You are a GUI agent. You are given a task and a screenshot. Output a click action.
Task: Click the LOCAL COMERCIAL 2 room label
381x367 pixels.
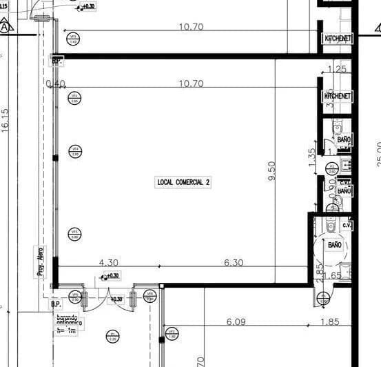click(183, 182)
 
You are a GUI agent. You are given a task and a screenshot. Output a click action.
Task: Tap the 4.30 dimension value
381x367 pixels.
click(110, 262)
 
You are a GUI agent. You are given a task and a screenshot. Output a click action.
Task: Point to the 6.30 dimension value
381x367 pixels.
click(234, 262)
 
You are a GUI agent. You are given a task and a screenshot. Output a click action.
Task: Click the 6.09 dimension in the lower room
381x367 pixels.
click(236, 321)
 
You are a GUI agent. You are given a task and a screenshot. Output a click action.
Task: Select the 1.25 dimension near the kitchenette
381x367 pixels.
click(338, 69)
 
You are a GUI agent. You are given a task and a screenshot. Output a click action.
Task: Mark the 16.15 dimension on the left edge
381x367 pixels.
click(6, 121)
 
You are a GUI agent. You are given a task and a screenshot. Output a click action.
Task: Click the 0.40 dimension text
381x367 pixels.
click(55, 83)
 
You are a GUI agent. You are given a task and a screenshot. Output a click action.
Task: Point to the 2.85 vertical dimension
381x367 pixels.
click(319, 270)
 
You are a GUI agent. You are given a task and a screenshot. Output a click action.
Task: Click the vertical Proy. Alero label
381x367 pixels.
click(40, 261)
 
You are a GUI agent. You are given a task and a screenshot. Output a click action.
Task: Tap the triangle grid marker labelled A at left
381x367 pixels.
click(6, 28)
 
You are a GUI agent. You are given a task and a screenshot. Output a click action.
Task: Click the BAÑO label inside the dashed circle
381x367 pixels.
click(335, 245)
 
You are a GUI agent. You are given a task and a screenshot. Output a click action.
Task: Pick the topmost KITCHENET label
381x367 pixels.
click(338, 38)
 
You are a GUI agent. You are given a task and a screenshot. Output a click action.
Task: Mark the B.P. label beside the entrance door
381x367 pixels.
click(56, 303)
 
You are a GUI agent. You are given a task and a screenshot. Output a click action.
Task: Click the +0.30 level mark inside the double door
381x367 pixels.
click(116, 299)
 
